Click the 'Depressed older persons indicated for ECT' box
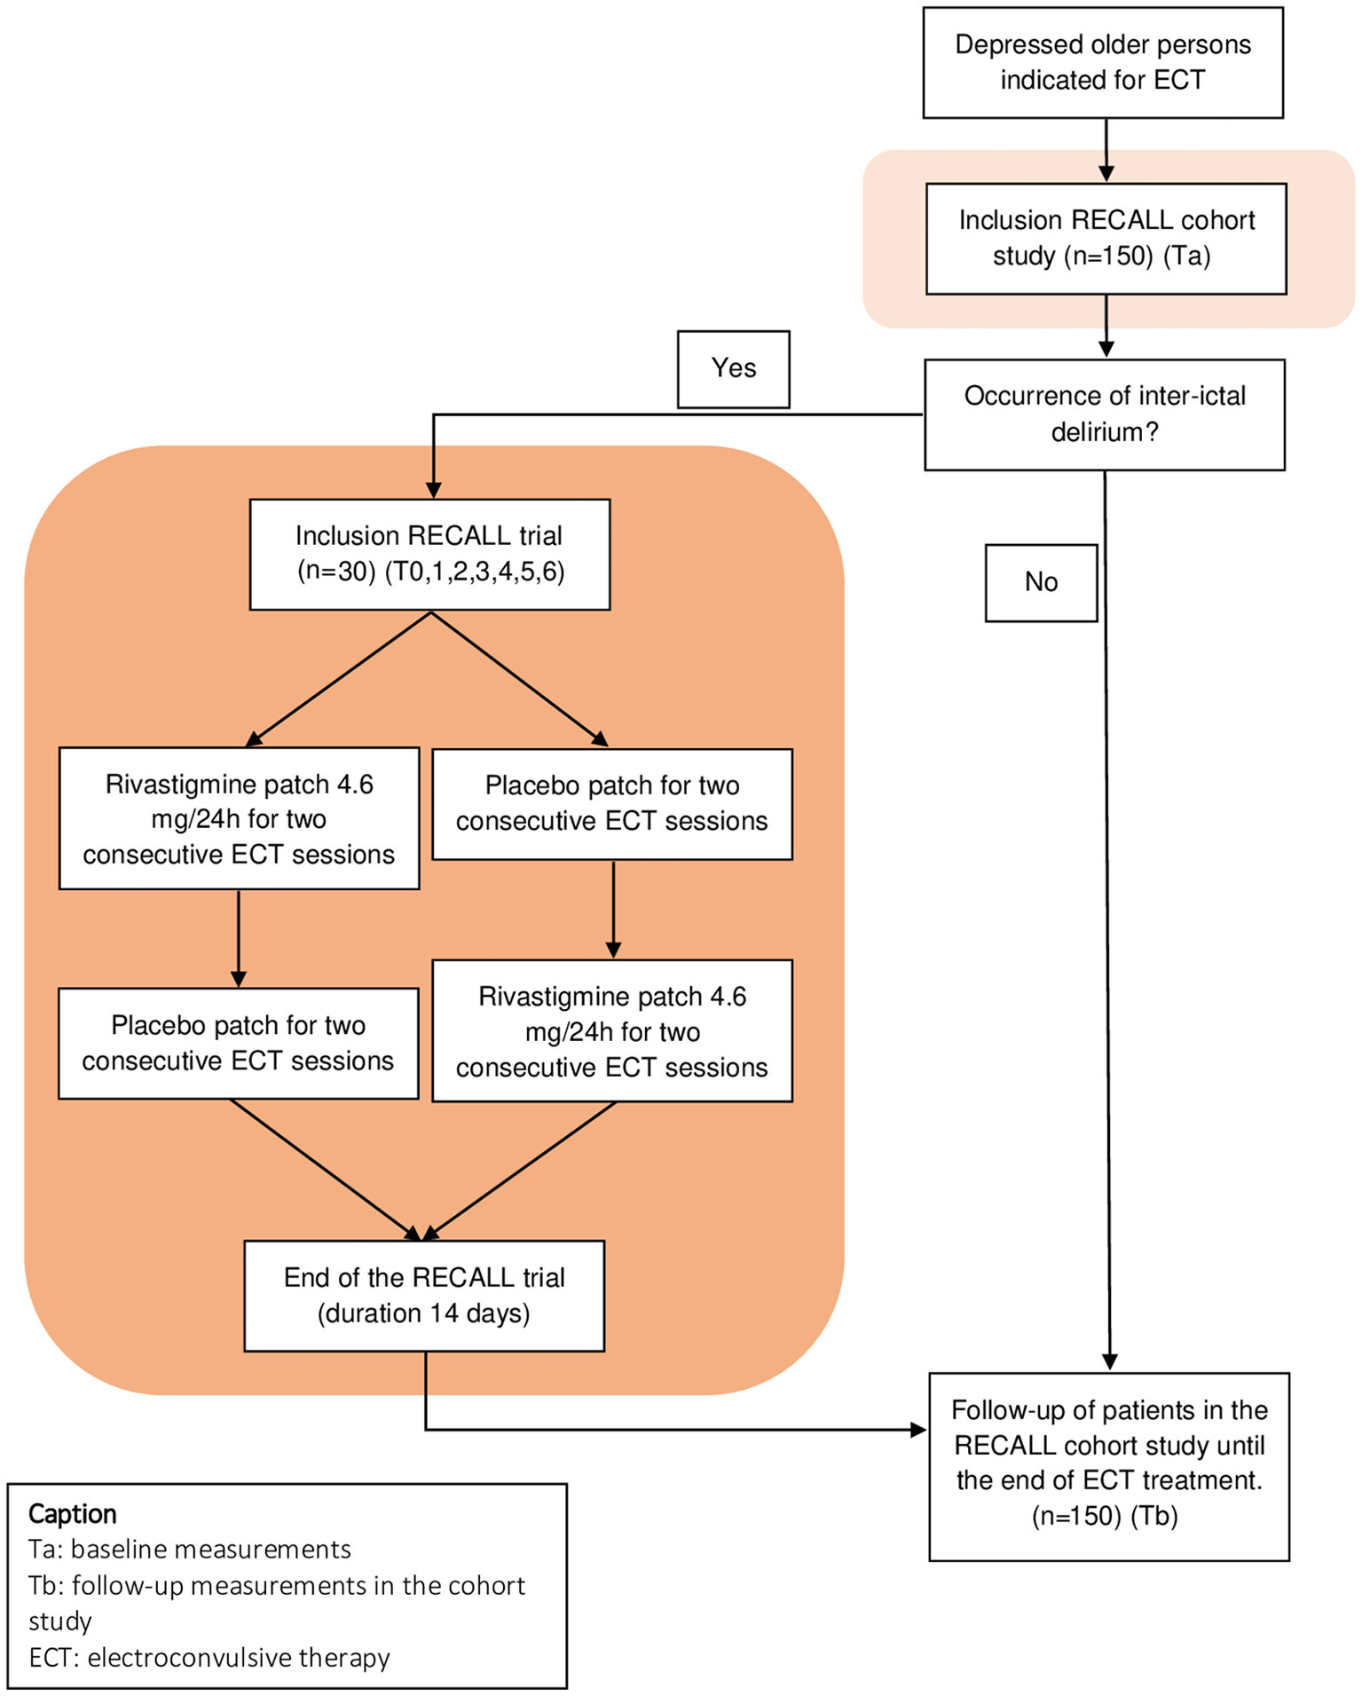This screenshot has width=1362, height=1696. (1103, 62)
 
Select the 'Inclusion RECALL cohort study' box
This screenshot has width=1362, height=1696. (1106, 238)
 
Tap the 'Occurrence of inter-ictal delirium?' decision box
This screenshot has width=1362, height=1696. (1105, 414)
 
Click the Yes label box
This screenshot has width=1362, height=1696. (733, 369)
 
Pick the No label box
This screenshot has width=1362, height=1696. (1041, 582)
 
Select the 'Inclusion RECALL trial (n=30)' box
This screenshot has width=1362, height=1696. (429, 554)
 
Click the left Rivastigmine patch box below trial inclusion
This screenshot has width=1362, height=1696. (239, 818)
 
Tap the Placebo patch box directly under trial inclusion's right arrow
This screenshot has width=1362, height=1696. (612, 803)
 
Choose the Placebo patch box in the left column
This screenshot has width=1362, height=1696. (238, 1043)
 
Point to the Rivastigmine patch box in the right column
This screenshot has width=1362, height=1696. (612, 1031)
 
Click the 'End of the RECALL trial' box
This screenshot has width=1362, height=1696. (424, 1295)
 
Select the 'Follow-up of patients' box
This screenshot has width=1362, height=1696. (1108, 1464)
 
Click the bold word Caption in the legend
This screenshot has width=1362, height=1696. (73, 1513)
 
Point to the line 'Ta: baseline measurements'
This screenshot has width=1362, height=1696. (190, 1550)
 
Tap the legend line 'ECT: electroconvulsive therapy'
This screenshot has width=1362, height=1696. (209, 1657)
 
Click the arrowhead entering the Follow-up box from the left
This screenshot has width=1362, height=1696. (918, 1429)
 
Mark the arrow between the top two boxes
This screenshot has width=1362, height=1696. (1106, 151)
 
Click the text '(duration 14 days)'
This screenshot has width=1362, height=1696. (424, 1313)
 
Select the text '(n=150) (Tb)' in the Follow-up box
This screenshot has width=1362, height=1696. (1105, 1516)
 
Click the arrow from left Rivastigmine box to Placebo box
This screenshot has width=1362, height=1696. (239, 938)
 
